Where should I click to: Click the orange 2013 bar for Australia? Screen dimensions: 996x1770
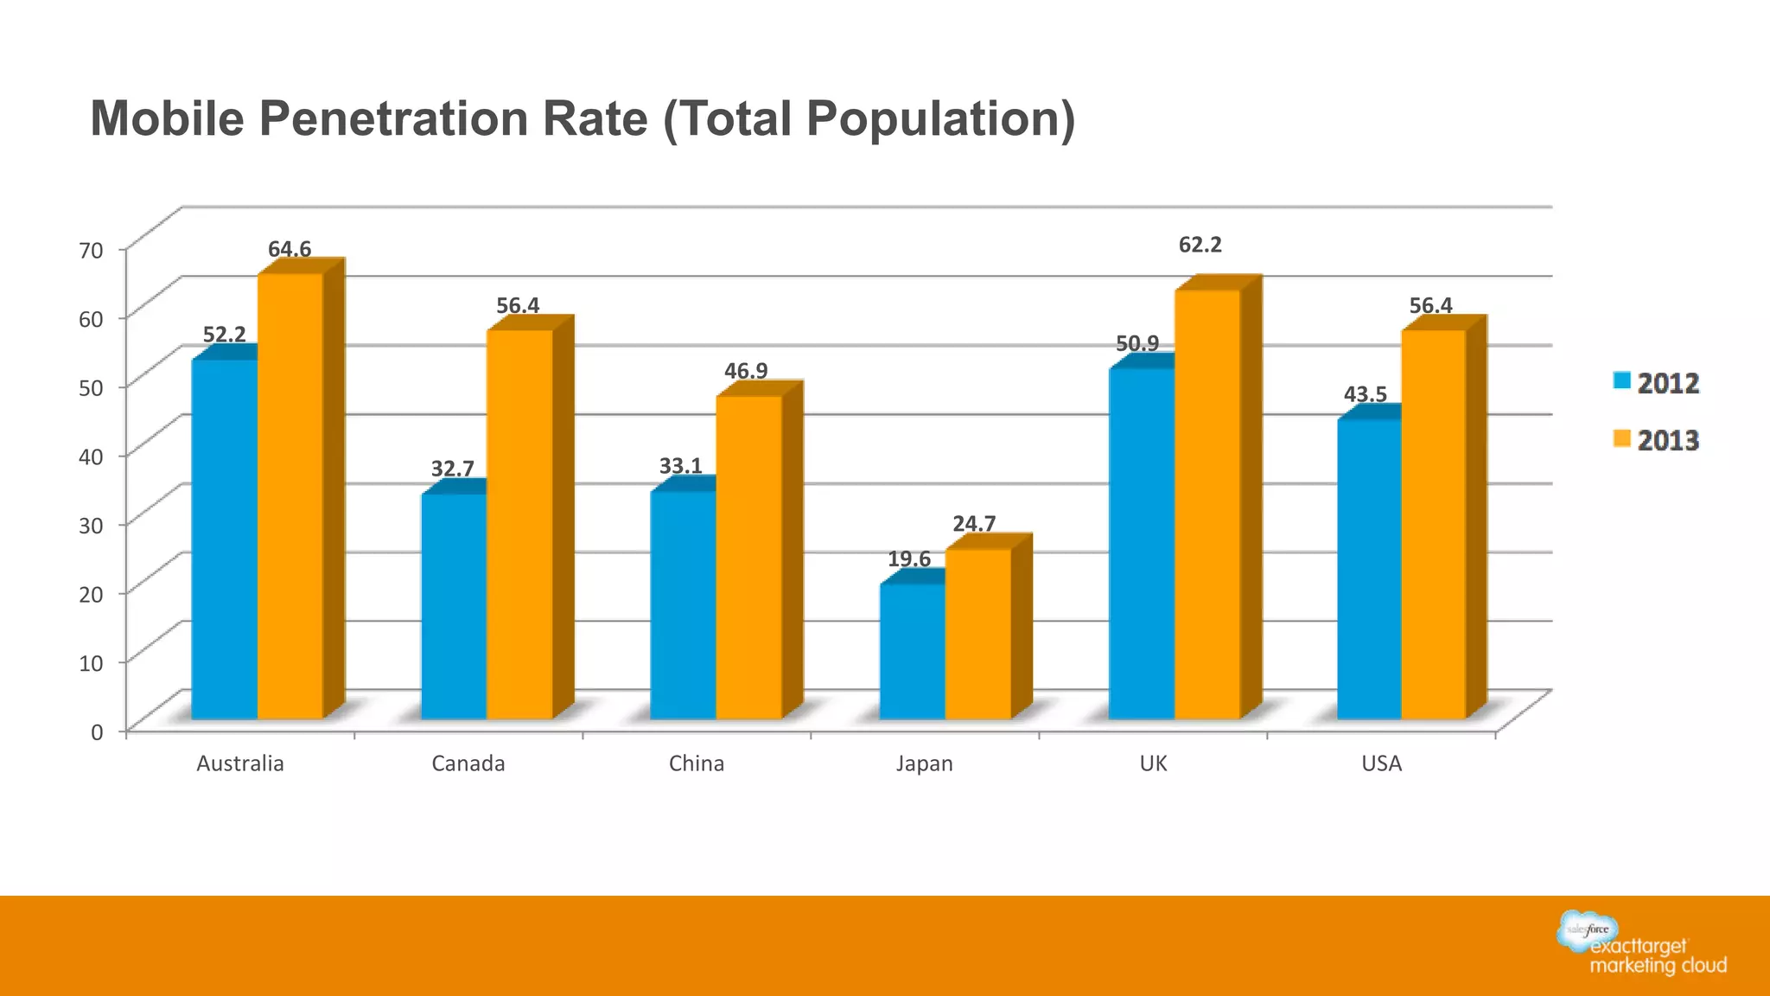tap(290, 496)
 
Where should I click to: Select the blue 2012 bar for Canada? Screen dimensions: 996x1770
tap(454, 606)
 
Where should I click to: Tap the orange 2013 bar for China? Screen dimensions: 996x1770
tap(748, 558)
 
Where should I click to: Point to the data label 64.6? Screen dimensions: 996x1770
tap(290, 249)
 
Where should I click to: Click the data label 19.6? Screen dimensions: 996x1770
tap(909, 559)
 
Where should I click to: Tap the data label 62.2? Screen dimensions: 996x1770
tap(1200, 245)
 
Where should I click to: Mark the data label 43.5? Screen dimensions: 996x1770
tap(1365, 394)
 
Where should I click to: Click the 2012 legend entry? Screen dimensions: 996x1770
tap(1656, 383)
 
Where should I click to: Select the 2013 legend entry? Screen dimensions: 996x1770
tap(1656, 440)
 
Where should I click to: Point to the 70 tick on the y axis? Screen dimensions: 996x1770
tap(91, 251)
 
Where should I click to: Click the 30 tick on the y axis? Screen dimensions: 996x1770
tap(91, 526)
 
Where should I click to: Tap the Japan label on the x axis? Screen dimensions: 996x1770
tap(924, 763)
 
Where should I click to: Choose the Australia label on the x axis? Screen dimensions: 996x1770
tap(239, 763)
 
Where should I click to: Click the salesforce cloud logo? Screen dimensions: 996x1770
tap(1588, 930)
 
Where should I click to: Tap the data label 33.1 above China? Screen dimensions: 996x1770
tap(681, 466)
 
